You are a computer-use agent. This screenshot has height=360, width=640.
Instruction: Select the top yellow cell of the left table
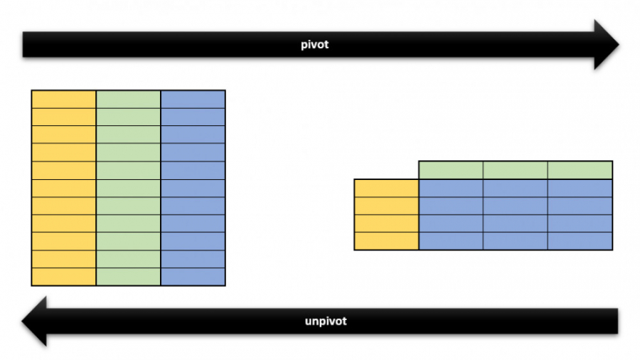click(x=63, y=99)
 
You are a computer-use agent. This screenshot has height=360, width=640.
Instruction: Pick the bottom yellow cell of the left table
click(x=63, y=277)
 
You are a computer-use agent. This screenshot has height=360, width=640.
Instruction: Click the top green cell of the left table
click(x=128, y=99)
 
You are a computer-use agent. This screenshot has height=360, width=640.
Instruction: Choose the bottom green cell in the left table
click(x=128, y=277)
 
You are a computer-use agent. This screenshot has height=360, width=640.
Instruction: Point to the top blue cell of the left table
click(x=193, y=99)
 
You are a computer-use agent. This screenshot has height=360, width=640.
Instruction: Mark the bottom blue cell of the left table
click(x=193, y=277)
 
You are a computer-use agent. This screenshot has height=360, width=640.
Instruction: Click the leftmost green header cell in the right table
click(x=451, y=170)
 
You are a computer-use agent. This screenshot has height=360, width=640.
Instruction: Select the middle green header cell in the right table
click(x=516, y=170)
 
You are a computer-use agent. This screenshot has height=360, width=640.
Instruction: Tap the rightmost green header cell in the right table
click(x=580, y=170)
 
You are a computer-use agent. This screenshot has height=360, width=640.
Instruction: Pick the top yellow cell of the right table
click(x=386, y=188)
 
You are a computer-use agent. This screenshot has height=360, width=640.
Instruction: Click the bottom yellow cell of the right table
click(x=386, y=241)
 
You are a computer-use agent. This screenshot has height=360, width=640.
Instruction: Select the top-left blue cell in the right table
click(x=451, y=188)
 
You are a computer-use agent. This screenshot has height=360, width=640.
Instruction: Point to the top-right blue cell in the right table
click(x=580, y=188)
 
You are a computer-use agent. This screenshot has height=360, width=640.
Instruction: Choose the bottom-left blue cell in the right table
click(x=451, y=241)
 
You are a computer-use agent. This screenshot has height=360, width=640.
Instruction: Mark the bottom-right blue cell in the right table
click(x=580, y=241)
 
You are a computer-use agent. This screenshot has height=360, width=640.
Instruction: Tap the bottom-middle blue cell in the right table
click(x=516, y=241)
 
